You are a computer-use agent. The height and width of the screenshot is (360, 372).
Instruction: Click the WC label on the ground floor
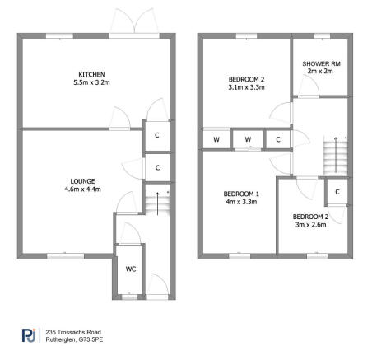coord(130,269)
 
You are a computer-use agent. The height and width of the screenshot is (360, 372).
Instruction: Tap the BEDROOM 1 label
coord(241,194)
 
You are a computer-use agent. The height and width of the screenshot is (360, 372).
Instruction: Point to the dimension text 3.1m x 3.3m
coord(245,88)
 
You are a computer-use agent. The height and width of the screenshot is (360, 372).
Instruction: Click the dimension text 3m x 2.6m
coord(309,225)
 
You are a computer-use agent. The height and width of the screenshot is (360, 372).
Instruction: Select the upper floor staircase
coord(334,155)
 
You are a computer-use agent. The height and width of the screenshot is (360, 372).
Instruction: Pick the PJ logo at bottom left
coord(27,334)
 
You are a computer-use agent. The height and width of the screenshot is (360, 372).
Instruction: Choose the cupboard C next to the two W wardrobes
coord(278,139)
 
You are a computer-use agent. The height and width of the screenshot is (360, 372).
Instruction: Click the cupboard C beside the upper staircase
coord(337,192)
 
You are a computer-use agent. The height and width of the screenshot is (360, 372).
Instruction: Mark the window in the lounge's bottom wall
coord(59,256)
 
